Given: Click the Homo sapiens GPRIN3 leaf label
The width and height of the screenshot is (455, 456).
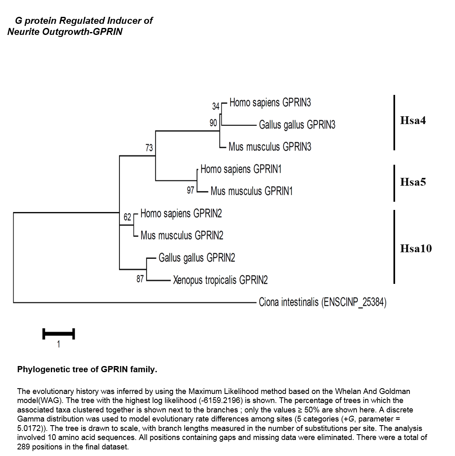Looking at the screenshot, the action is click(x=270, y=103).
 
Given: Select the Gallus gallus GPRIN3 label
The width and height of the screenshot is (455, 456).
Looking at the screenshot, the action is click(x=297, y=125).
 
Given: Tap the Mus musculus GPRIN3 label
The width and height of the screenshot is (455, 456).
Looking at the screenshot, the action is click(x=270, y=147).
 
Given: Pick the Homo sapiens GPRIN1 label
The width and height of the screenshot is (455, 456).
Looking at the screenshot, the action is click(x=241, y=169).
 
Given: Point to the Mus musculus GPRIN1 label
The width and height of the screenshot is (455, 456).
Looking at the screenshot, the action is click(x=252, y=191).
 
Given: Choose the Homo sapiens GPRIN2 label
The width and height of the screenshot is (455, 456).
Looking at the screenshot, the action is click(x=181, y=214).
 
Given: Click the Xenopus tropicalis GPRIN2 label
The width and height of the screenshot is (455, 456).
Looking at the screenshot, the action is click(x=220, y=280).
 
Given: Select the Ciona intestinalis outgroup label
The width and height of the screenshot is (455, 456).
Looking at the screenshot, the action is click(x=322, y=302).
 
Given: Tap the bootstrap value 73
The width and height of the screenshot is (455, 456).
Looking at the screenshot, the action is click(x=149, y=148).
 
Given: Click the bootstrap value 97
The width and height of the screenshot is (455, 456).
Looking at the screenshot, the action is click(x=190, y=190).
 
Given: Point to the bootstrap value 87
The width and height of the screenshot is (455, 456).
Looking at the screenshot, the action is click(x=140, y=279).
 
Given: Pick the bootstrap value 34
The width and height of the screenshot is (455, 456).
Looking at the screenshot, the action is click(x=216, y=106).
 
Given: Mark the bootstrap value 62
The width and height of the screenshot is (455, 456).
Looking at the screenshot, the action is click(x=128, y=217).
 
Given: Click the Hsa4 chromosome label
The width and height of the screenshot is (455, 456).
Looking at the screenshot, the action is click(x=413, y=120).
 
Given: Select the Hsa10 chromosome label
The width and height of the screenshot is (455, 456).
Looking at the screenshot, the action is click(x=416, y=249).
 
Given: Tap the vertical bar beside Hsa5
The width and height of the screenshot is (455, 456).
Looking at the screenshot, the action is click(x=394, y=183).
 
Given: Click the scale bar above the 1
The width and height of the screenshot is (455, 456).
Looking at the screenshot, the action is click(x=59, y=334).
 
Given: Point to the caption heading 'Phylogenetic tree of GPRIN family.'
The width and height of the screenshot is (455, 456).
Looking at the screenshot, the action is click(x=87, y=369).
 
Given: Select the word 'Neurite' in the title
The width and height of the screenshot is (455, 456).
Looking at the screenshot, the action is click(x=23, y=31).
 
